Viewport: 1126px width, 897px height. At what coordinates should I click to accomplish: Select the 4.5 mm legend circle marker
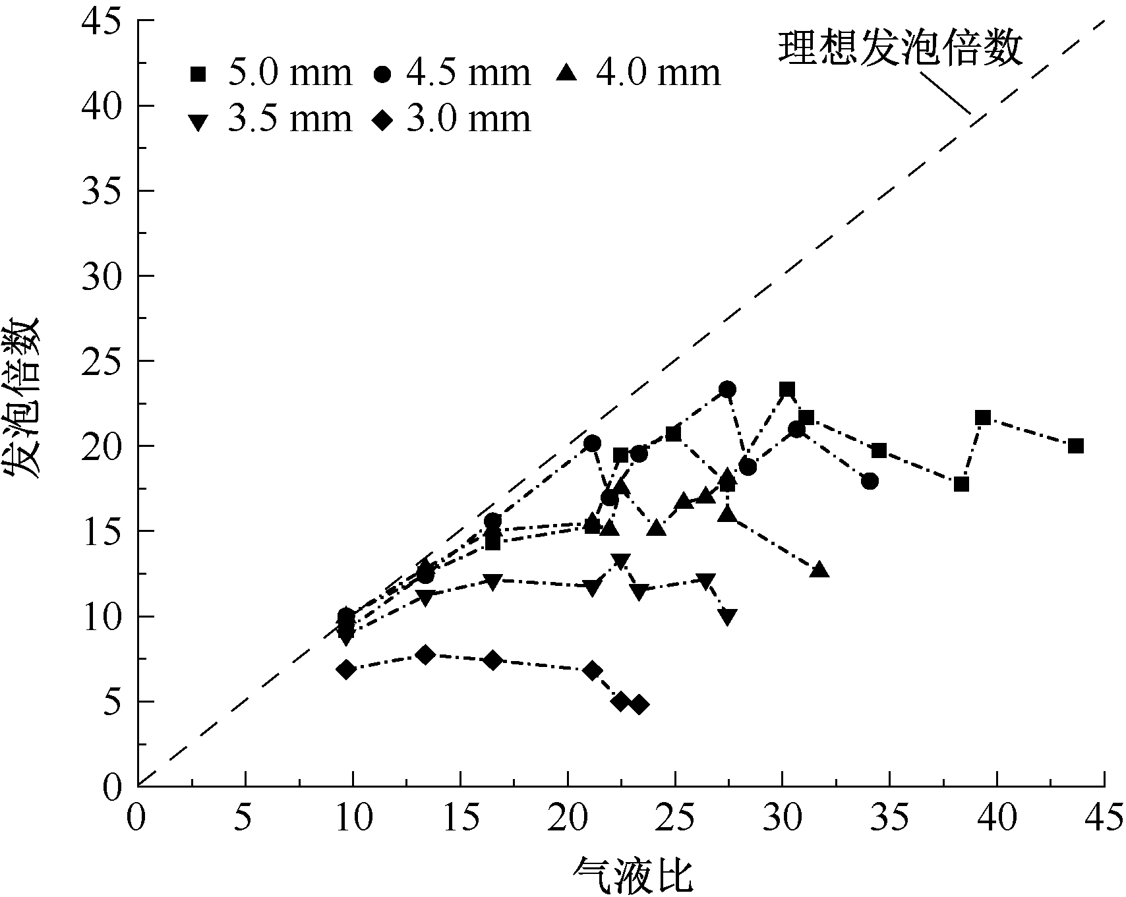pyautogui.click(x=383, y=74)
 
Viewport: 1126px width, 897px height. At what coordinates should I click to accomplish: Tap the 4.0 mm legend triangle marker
pyautogui.click(x=567, y=72)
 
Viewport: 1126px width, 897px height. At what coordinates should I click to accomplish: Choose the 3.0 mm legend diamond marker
pyautogui.click(x=383, y=121)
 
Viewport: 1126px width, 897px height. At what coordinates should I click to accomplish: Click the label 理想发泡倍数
pyautogui.click(x=901, y=47)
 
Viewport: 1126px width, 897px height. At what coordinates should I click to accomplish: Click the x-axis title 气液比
pyautogui.click(x=634, y=875)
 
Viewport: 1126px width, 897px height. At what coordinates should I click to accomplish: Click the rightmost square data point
pyautogui.click(x=1076, y=446)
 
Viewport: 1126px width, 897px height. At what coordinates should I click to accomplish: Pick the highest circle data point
pyautogui.click(x=727, y=390)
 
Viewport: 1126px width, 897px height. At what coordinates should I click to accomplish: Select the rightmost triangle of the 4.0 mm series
pyautogui.click(x=819, y=570)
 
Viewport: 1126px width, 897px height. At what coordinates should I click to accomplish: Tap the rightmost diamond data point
pyautogui.click(x=638, y=705)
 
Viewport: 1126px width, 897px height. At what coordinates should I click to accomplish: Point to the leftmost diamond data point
pyautogui.click(x=346, y=670)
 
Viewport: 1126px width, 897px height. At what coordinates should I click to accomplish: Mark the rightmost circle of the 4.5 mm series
pyautogui.click(x=870, y=481)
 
